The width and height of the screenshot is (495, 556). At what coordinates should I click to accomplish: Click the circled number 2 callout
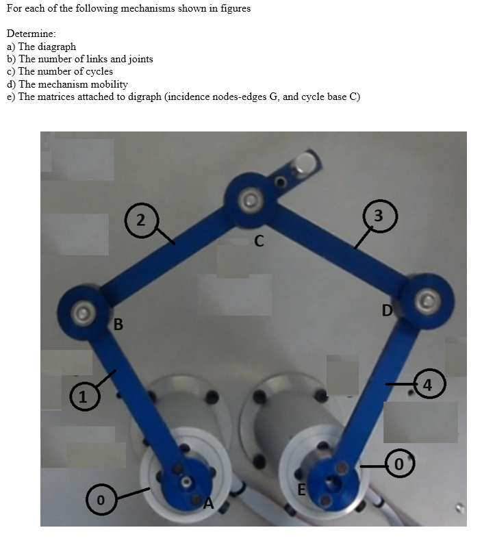140,220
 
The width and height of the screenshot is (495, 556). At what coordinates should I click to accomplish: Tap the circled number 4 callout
429,383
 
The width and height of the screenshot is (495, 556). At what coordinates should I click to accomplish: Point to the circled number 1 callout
82,396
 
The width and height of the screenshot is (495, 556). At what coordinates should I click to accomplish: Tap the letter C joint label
259,241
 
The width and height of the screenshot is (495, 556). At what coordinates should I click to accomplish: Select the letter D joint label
388,312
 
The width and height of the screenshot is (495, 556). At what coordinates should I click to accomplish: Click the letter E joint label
301,489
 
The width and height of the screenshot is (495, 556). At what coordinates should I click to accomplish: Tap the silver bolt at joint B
83,312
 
